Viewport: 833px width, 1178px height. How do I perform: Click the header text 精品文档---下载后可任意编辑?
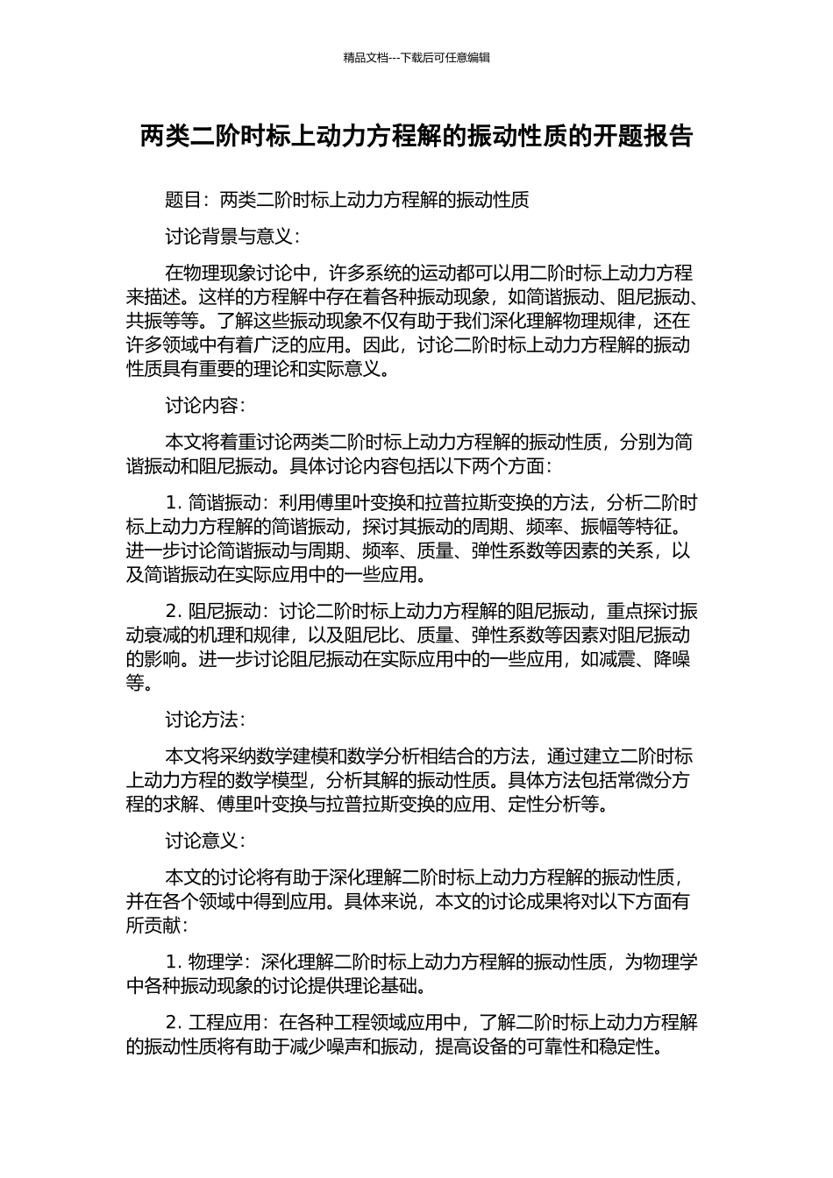(416, 58)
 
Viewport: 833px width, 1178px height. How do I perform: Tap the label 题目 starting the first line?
(183, 201)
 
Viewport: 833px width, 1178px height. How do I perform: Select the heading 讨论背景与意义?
(231, 237)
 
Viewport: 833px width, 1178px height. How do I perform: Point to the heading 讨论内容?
(203, 406)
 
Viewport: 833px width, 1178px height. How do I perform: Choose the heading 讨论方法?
(203, 720)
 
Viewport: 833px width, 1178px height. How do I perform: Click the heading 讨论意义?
(203, 841)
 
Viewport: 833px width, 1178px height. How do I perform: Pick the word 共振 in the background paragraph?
(145, 321)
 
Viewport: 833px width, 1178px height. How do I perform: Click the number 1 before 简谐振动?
(170, 504)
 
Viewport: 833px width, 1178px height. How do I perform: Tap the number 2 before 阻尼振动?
(170, 611)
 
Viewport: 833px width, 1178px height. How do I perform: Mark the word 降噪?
(672, 659)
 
